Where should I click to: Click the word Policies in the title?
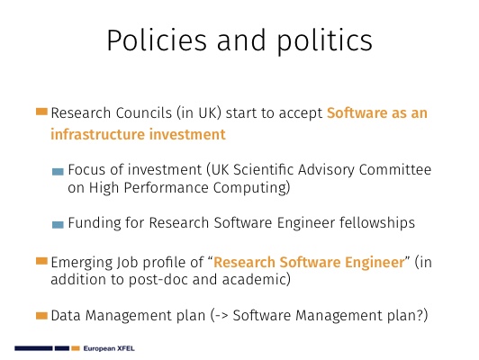[x=157, y=40]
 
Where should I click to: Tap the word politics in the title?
[x=325, y=41]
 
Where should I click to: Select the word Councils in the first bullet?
[x=143, y=112]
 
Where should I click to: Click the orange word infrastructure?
[x=97, y=134]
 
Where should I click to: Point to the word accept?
[x=301, y=113]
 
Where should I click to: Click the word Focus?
[x=86, y=169]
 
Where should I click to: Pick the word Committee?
[x=395, y=169]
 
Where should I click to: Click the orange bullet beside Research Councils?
[x=41, y=112]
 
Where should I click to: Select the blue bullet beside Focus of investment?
[x=58, y=172]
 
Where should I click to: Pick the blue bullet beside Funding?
[x=58, y=225]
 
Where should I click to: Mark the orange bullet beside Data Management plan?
[x=41, y=315]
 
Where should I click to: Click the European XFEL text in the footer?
[x=109, y=348]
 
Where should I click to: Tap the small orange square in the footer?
[x=76, y=348]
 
